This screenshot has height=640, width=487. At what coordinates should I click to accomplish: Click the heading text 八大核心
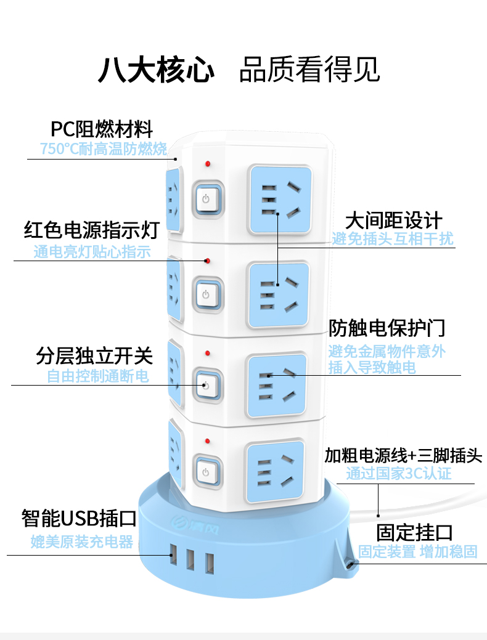tap(157, 70)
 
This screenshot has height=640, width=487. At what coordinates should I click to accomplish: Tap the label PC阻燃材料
tap(102, 129)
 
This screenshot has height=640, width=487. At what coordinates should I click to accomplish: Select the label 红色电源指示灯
tap(91, 230)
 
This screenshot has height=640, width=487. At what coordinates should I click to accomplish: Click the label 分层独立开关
tap(94, 355)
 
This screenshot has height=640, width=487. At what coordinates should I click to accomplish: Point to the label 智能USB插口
tap(79, 518)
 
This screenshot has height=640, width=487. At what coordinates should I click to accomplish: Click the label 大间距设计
tap(394, 221)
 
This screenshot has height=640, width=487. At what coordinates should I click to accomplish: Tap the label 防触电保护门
tap(387, 328)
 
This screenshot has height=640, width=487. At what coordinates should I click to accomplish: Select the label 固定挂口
tap(415, 533)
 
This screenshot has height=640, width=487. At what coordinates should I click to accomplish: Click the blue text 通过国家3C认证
tap(399, 474)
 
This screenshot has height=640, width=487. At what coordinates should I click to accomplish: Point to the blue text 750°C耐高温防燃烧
tap(104, 148)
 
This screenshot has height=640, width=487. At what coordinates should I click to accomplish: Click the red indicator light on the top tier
tap(208, 164)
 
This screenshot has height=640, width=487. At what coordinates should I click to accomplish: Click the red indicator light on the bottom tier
tap(208, 441)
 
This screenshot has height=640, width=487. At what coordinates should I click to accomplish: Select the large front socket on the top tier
tap(280, 200)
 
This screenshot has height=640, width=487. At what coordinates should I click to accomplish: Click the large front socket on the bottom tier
tap(275, 471)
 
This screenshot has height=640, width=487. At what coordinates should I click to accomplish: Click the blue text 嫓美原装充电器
tap(82, 541)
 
